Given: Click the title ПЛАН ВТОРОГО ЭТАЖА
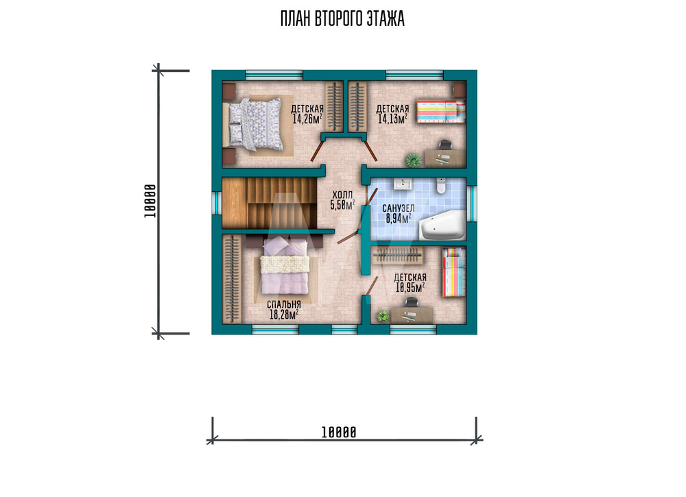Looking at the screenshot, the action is click(x=342, y=19).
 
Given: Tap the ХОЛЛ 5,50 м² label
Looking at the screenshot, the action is click(x=342, y=199).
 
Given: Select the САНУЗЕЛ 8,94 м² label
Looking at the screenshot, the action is click(x=398, y=213).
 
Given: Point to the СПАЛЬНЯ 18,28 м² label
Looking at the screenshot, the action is click(x=284, y=309).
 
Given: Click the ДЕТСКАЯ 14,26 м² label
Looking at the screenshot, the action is click(x=307, y=114).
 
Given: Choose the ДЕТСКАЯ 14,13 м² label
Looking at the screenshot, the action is click(x=392, y=114).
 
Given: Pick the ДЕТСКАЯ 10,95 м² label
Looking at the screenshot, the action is click(x=410, y=282).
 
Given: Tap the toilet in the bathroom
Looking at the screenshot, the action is click(x=441, y=185).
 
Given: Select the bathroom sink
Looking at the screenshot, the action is click(x=403, y=183).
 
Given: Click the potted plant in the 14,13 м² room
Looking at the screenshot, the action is click(x=413, y=160).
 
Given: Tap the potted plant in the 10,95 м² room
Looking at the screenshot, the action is click(x=383, y=315).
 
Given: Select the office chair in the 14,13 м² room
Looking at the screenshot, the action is click(x=445, y=145).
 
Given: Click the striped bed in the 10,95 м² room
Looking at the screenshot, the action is click(x=453, y=272).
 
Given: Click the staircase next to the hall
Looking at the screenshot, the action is click(x=270, y=202).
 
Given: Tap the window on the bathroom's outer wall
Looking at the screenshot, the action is click(x=472, y=204).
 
